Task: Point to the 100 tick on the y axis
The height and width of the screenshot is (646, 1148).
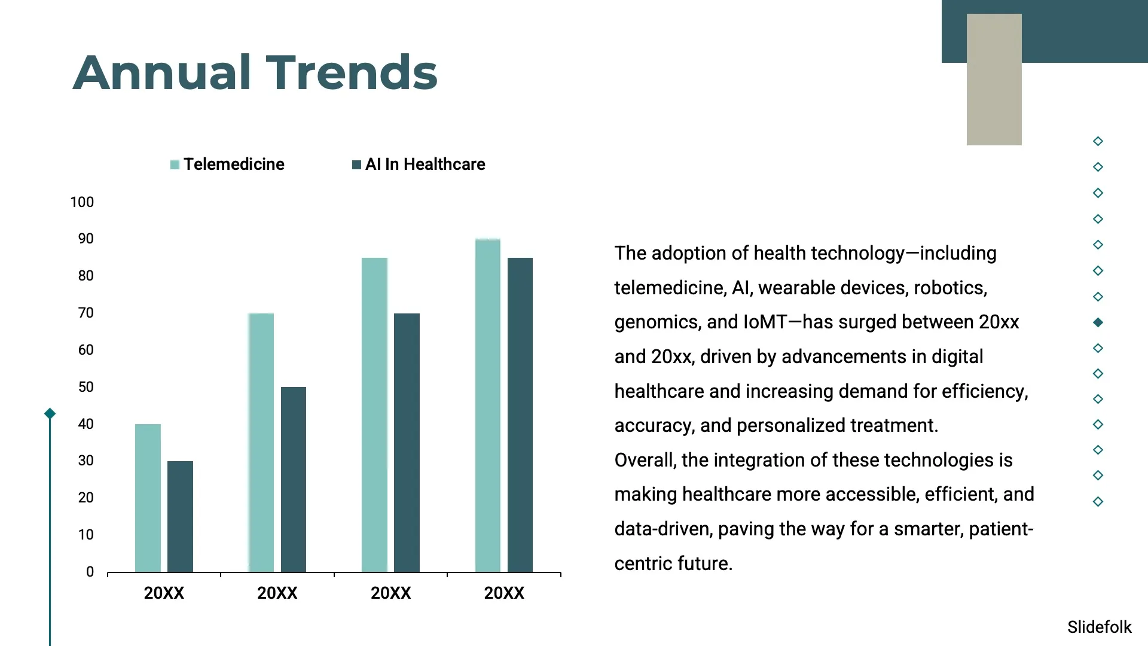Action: click(x=82, y=202)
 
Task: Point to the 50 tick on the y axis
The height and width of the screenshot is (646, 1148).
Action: click(x=86, y=387)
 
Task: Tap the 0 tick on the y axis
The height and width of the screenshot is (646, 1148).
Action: click(x=90, y=572)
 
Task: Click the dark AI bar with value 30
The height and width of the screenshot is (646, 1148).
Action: click(x=180, y=516)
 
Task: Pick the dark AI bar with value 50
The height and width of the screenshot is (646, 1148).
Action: click(x=294, y=479)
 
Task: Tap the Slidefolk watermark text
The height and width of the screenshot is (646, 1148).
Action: click(x=1099, y=627)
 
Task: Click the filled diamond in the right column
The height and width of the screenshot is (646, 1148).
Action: click(x=1098, y=322)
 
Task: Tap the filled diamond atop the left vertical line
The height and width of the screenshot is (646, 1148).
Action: click(x=50, y=413)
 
